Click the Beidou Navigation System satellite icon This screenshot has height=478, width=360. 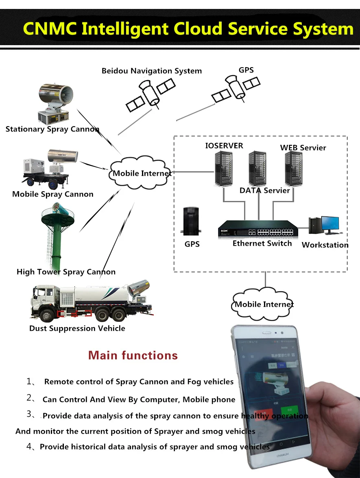150,93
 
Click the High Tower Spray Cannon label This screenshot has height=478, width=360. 66,272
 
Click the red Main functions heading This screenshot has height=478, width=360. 133,356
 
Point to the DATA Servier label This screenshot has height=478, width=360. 264,190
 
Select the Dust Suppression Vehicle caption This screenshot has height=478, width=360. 77,328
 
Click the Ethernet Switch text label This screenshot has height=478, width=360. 262,243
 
